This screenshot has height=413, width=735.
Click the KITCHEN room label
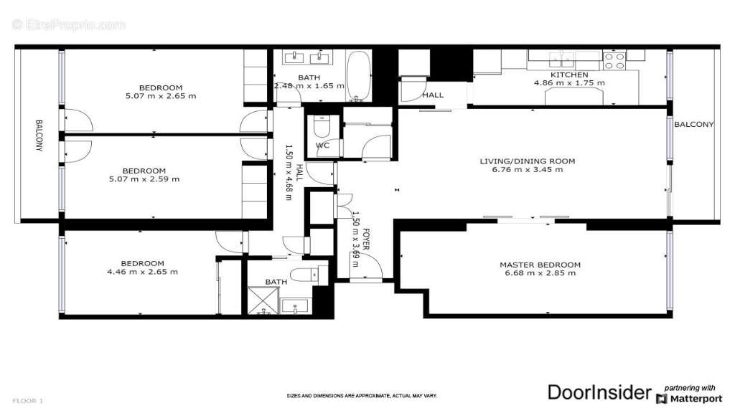[x=569, y=75]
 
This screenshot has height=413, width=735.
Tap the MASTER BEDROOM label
[x=540, y=265]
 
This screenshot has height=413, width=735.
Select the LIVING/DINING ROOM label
[x=527, y=161]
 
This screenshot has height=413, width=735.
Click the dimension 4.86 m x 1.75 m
[x=569, y=82]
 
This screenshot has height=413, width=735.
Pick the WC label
[x=323, y=146]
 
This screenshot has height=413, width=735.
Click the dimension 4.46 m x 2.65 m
[x=142, y=272]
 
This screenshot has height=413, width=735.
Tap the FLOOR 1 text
[x=29, y=400]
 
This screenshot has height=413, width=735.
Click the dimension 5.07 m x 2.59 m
[x=144, y=179]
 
